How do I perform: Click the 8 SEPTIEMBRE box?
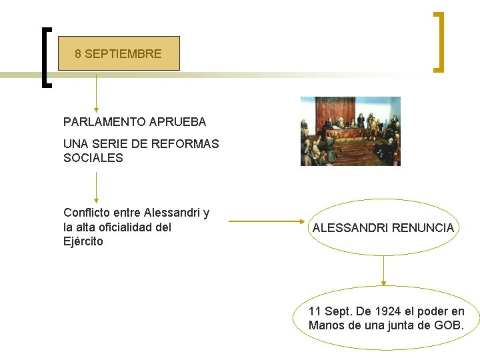119,53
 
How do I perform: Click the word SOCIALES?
93,158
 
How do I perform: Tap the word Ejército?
83,241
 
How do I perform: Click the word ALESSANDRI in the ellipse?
351,228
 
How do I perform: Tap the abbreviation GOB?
448,325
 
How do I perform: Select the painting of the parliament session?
350,131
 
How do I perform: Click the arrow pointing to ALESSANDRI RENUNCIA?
266,221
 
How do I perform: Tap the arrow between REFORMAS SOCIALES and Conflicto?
97,187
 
